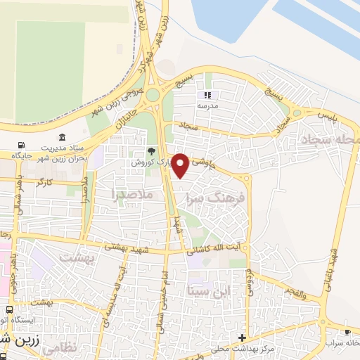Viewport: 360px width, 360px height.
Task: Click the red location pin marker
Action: click(181, 165)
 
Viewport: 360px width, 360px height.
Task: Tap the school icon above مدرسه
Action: click(207, 94)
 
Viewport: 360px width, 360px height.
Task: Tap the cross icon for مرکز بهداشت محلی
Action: click(243, 337)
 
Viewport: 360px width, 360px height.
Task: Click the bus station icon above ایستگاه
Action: click(9, 309)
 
